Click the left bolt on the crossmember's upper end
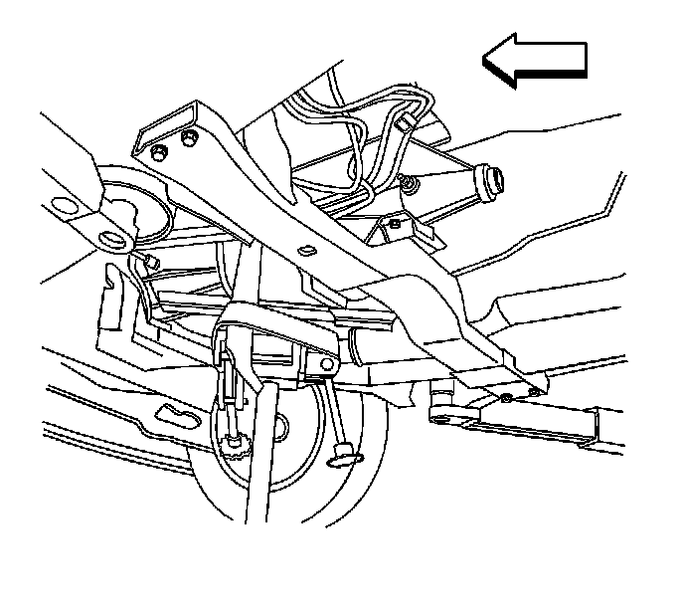159,150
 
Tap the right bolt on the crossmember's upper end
188,136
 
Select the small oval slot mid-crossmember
306,246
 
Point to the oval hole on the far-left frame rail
60,207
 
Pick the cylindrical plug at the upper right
491,179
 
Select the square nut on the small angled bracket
395,225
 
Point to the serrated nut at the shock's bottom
237,442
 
